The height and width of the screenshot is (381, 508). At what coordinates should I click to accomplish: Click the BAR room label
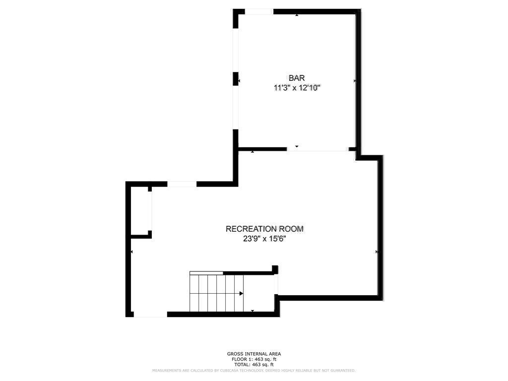[297, 78]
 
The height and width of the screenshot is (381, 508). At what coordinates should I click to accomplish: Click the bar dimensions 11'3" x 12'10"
[297, 88]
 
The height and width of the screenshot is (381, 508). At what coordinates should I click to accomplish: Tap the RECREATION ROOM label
[264, 229]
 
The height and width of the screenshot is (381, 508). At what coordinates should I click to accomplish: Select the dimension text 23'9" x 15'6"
[264, 239]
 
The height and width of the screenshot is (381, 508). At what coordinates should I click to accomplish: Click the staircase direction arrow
[241, 293]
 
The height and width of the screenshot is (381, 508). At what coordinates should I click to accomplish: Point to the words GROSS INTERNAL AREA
[254, 354]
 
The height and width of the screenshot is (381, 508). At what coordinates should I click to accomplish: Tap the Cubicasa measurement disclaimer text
[254, 371]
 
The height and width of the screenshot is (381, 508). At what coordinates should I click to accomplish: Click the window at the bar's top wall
[258, 11]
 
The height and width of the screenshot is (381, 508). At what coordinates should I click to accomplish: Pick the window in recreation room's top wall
[182, 184]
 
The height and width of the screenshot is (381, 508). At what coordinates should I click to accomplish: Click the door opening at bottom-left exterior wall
[150, 314]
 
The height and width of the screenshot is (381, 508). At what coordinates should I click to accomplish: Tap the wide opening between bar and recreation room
[317, 149]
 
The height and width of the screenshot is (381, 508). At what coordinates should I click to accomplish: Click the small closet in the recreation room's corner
[141, 211]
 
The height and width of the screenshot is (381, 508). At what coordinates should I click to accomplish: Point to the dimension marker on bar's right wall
[355, 80]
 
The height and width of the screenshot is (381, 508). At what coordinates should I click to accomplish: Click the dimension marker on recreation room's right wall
[377, 252]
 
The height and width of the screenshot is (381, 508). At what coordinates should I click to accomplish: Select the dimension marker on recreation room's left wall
[131, 252]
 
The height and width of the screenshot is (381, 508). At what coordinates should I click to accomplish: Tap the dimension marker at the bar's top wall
[297, 15]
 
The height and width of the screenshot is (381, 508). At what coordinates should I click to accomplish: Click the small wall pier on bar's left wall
[236, 79]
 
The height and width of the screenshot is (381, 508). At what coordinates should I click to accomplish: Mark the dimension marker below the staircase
[253, 311]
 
